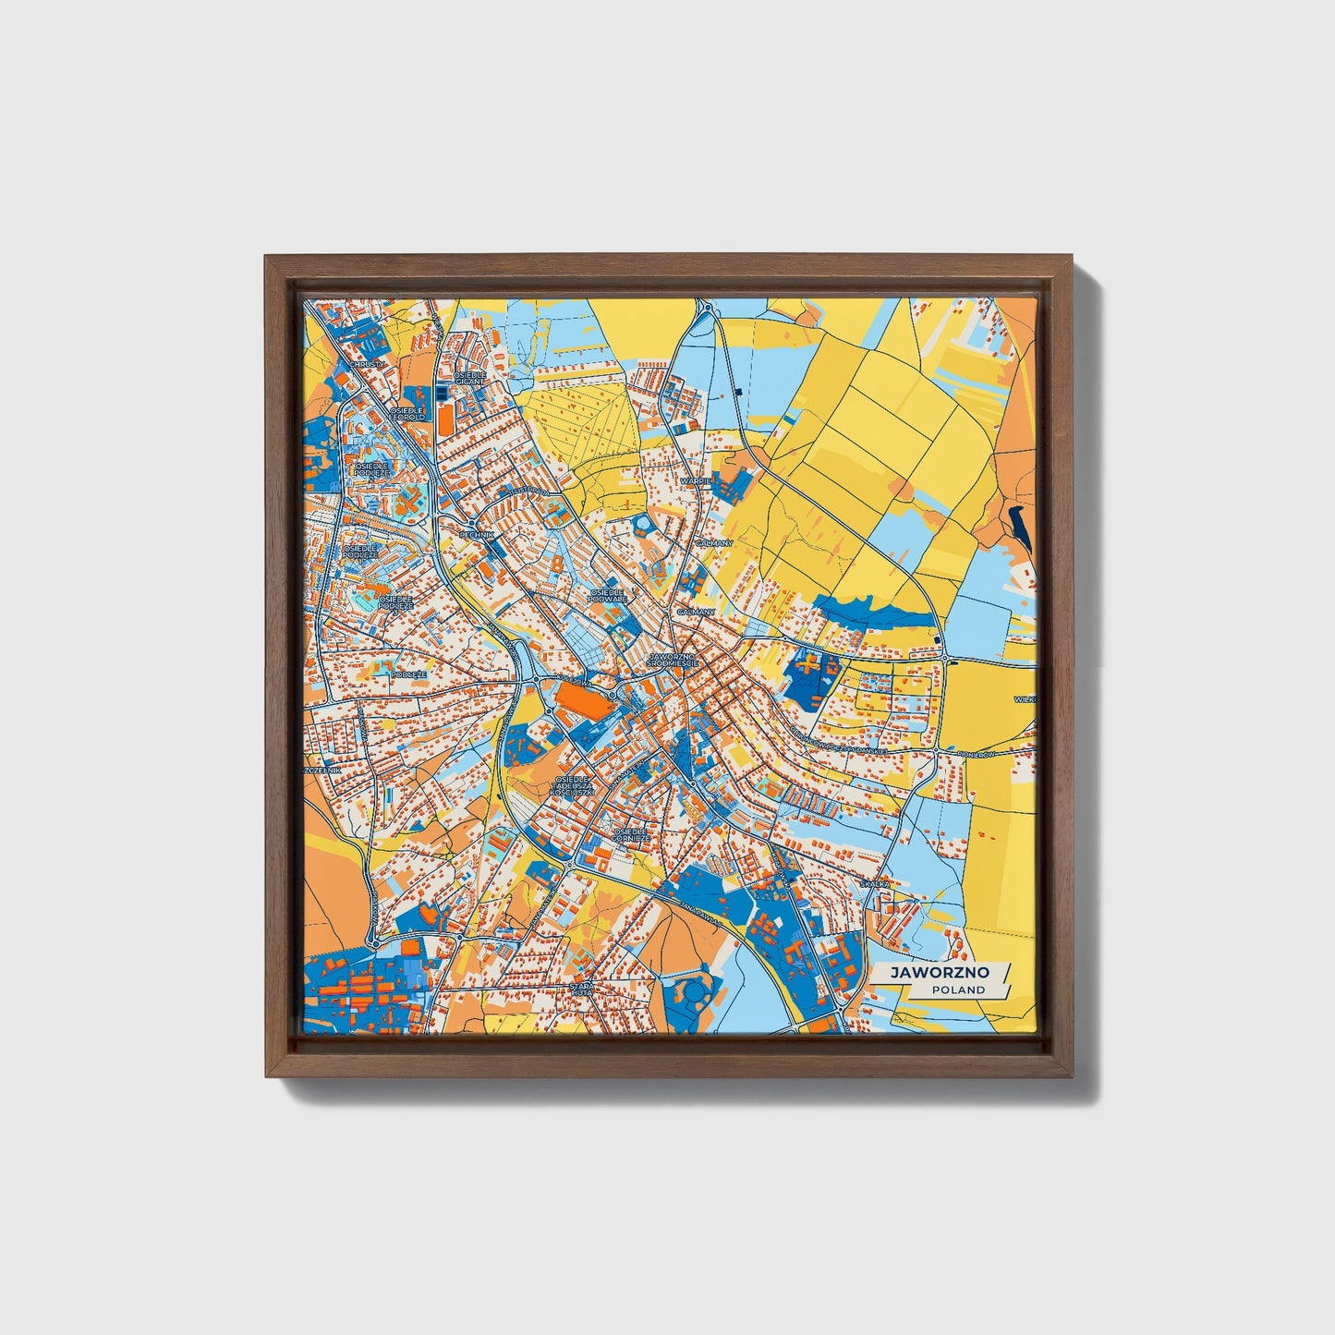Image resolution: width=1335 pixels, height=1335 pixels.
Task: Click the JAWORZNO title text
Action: click(939, 973)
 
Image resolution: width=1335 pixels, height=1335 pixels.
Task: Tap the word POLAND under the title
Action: click(958, 989)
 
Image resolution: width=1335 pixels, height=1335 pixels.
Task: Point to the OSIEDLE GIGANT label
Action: click(470, 378)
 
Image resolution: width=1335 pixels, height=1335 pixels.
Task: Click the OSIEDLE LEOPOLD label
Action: click(407, 413)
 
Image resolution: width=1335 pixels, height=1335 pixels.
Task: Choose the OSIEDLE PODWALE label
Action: click(608, 595)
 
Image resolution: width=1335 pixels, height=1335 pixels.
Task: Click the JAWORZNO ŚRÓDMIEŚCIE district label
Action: click(675, 660)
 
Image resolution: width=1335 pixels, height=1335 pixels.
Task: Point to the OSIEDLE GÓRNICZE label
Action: click(631, 834)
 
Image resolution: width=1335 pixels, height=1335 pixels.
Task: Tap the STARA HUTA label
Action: click(583, 990)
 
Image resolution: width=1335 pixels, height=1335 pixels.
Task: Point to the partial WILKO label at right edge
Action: click(1025, 699)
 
